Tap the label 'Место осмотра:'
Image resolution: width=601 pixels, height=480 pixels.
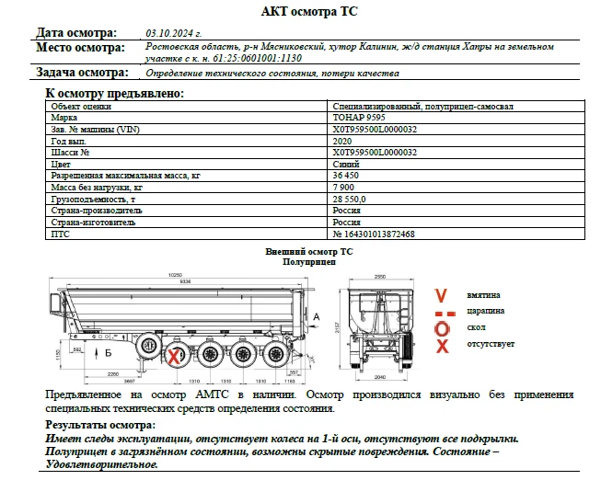(x=80, y=47)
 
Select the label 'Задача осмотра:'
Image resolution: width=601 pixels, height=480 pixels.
(x=82, y=73)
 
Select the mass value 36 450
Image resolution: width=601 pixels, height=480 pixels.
(x=345, y=176)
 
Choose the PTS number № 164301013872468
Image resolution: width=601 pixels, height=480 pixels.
(x=373, y=234)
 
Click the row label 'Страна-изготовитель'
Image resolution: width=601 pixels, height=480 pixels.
(x=93, y=223)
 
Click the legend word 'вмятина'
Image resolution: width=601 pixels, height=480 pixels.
(x=483, y=295)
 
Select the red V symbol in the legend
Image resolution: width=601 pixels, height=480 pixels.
(x=441, y=295)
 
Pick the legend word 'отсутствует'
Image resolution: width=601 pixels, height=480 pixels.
(x=491, y=344)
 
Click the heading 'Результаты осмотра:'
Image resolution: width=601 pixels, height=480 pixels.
(x=100, y=425)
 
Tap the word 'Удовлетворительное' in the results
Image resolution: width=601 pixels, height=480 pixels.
(x=101, y=464)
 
